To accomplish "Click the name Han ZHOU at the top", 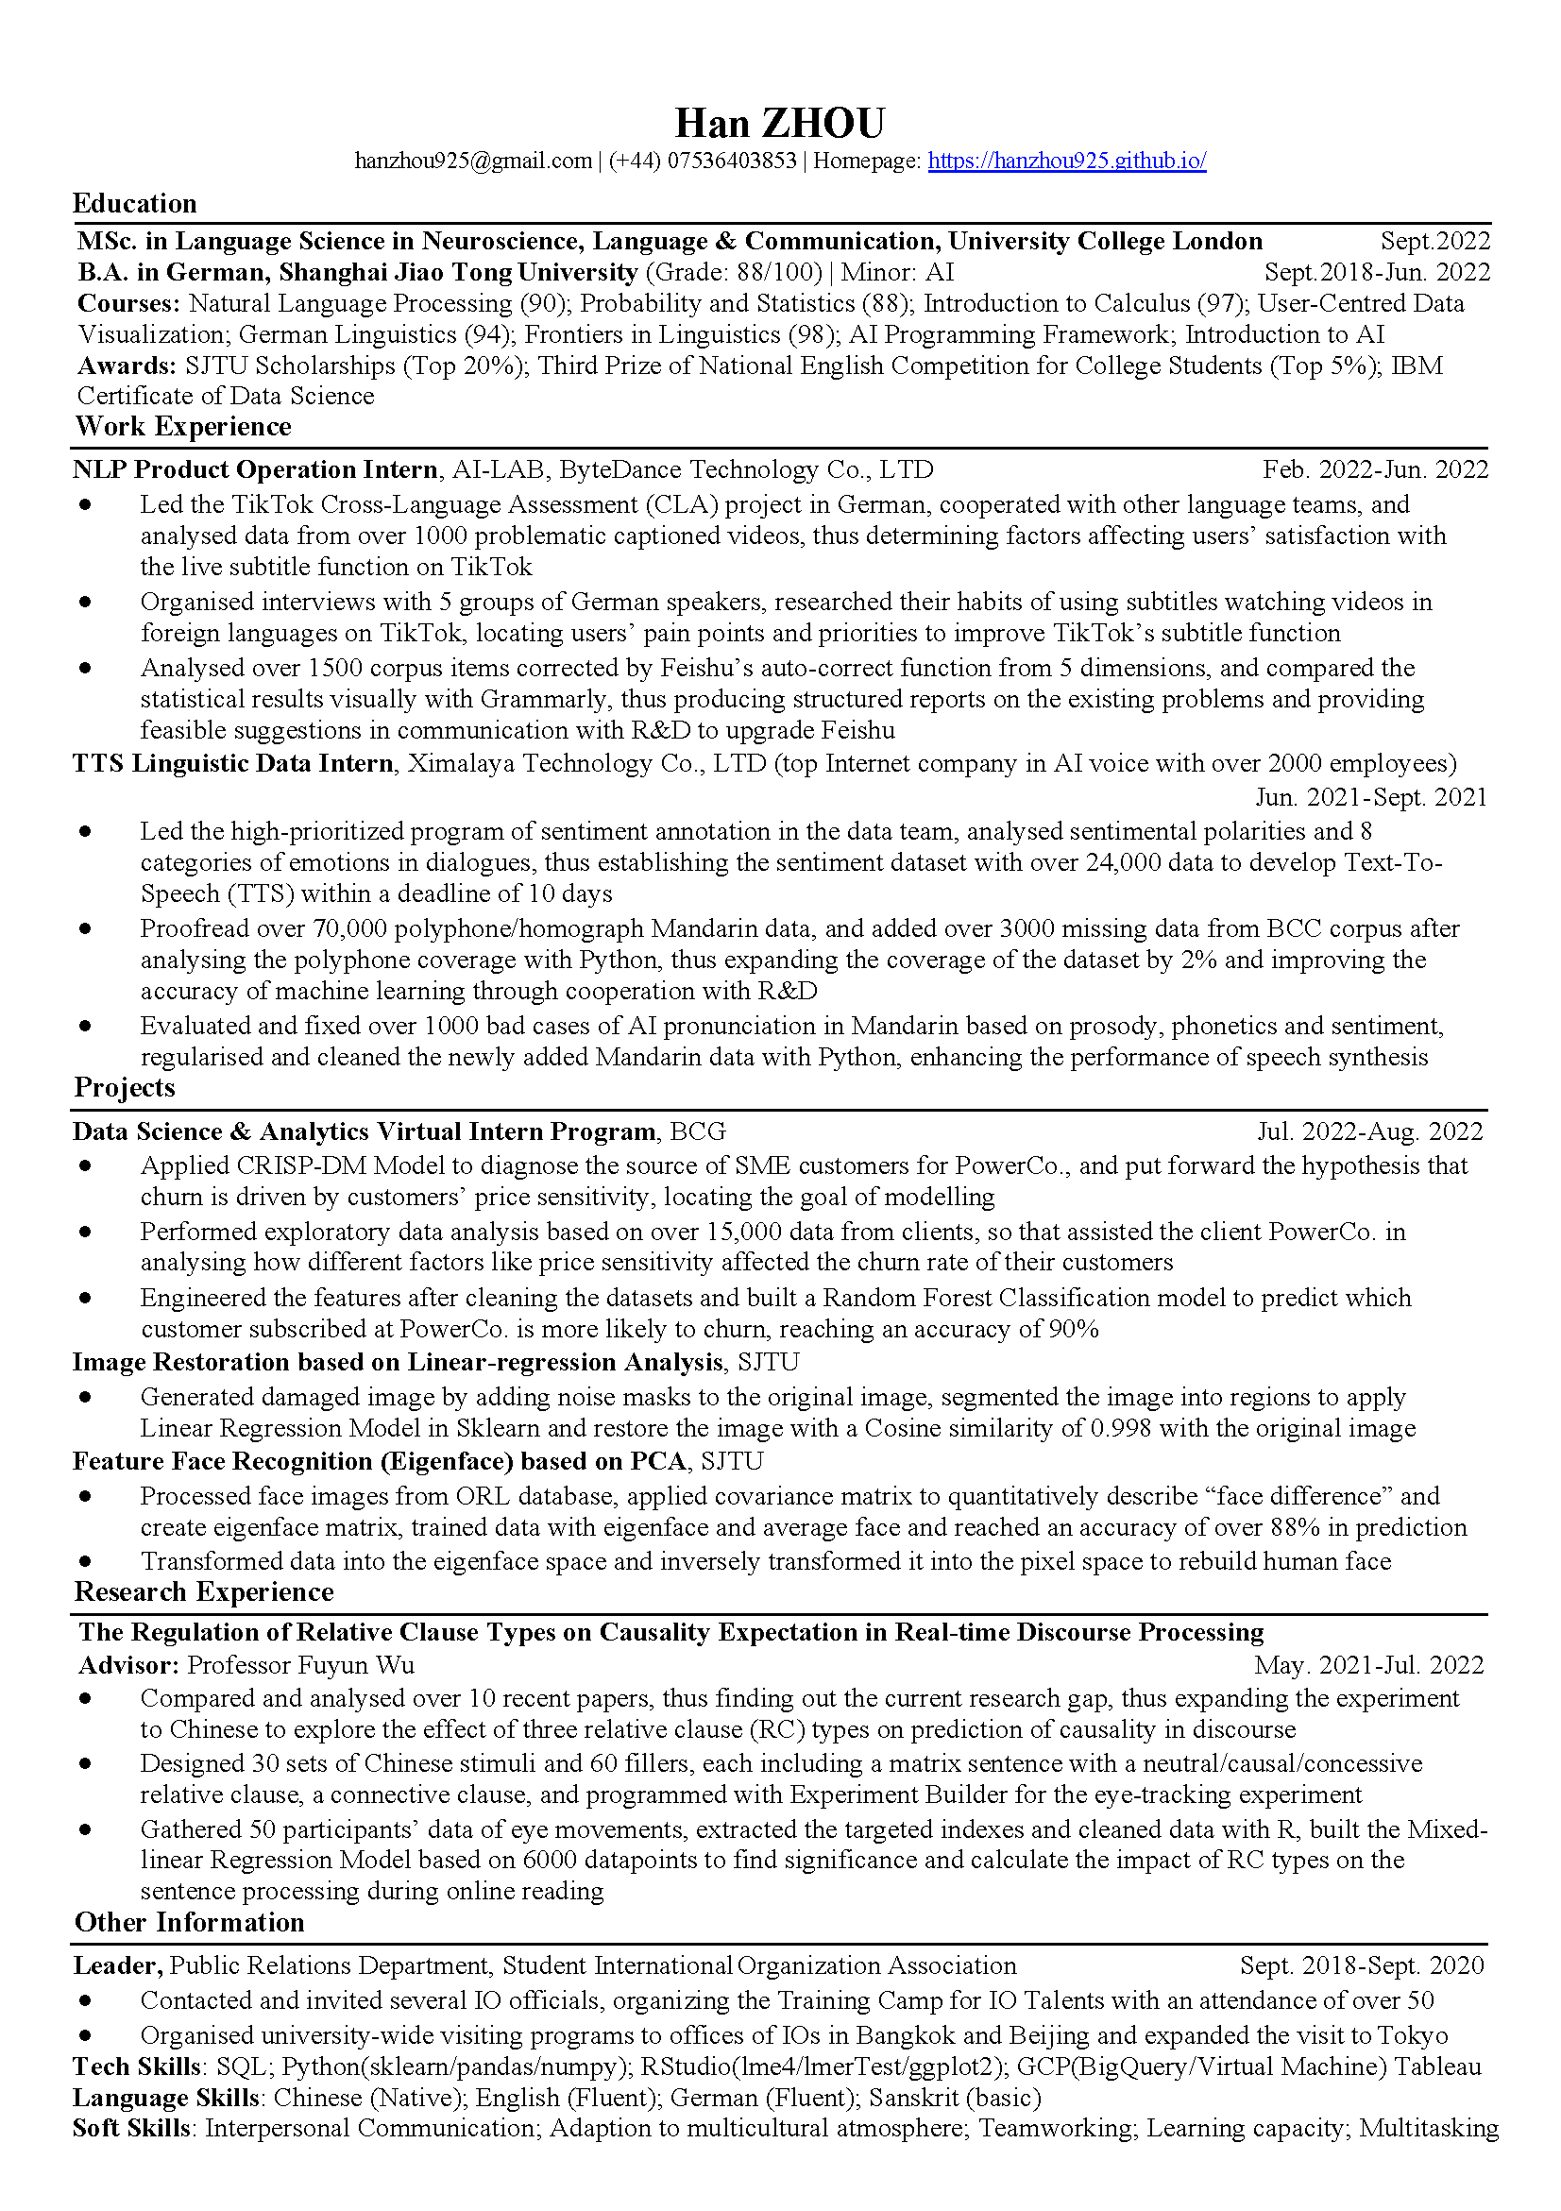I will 779,124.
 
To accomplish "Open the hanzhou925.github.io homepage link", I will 1066,161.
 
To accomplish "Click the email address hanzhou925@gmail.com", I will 473,161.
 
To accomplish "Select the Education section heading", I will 135,204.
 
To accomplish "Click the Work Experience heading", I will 183,427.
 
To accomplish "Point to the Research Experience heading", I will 204,1591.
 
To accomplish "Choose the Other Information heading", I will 190,1922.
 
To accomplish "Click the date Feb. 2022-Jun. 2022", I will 1374,470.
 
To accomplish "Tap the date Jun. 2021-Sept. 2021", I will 1370,797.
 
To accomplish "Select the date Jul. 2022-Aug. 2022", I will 1369,1131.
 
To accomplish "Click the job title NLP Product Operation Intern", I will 255,470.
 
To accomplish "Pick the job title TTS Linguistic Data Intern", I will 233,764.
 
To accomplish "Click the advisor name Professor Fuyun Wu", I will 300,1665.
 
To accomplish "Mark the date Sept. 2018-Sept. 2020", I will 1362,1965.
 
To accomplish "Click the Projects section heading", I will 126,1088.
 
